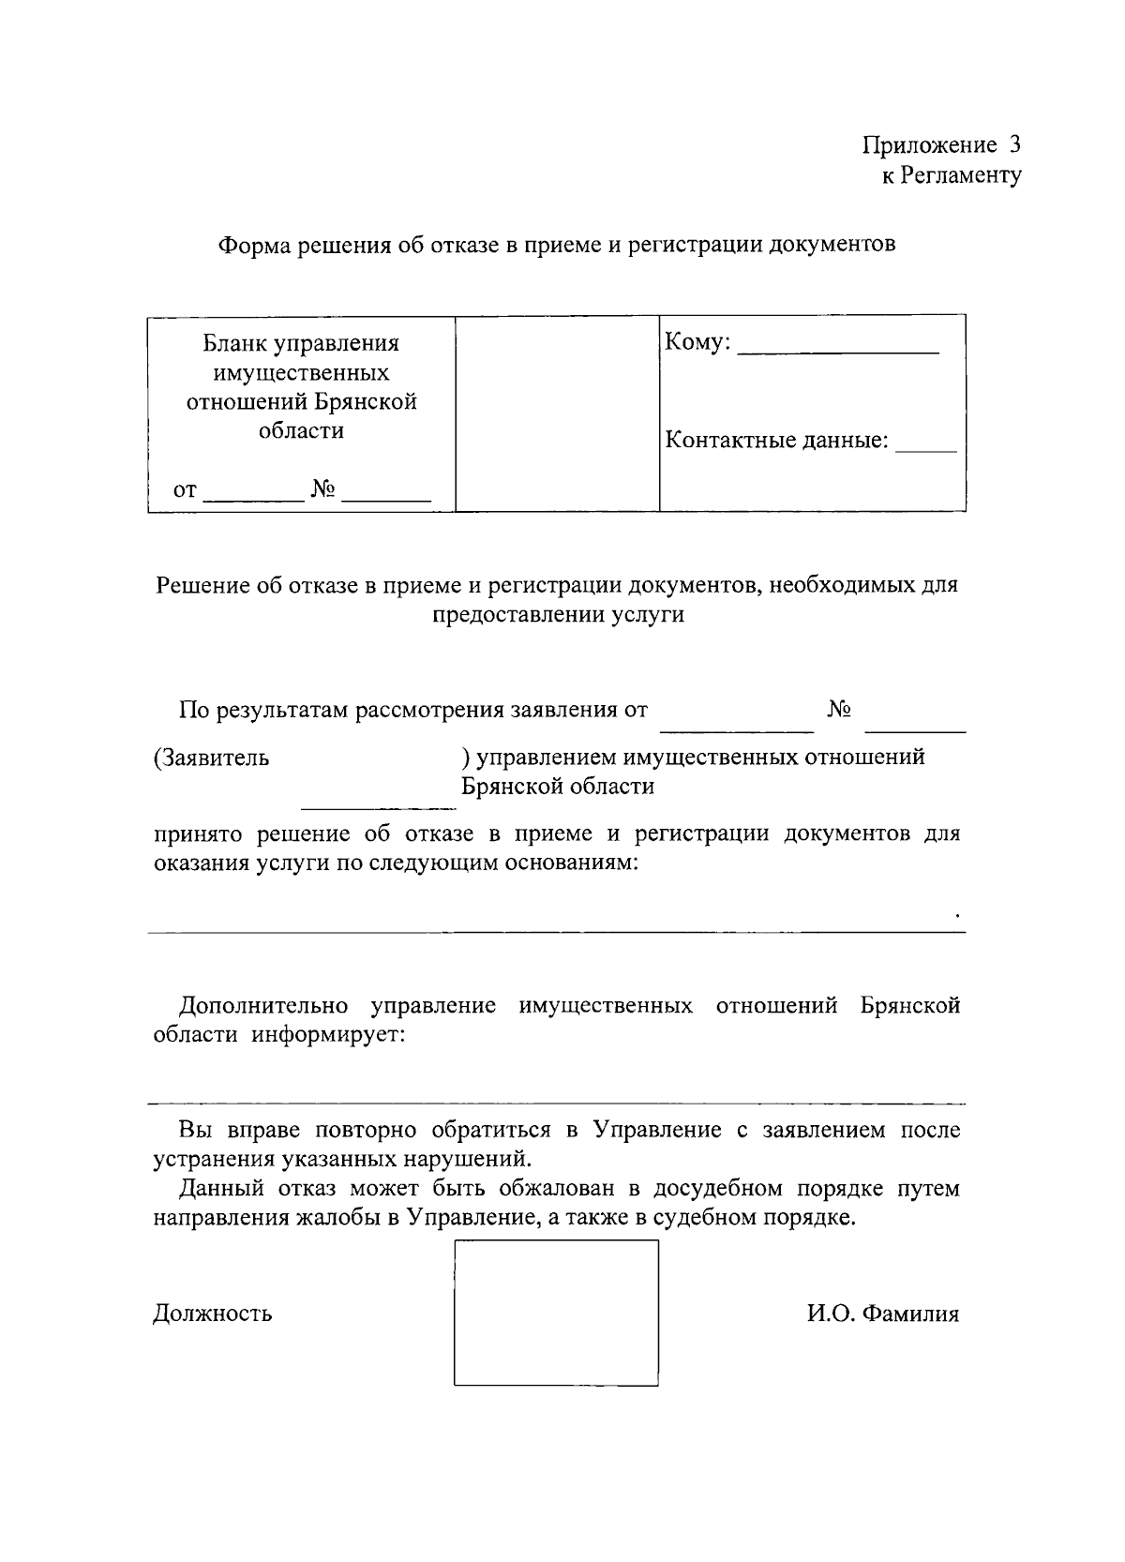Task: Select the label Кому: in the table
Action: pyautogui.click(x=697, y=342)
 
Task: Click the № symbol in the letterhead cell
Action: pyautogui.click(x=323, y=489)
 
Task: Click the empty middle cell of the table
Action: pyautogui.click(x=557, y=413)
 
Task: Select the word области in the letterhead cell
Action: pyautogui.click(x=301, y=431)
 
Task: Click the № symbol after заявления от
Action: pyautogui.click(x=839, y=710)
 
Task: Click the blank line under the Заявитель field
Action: pyautogui.click(x=378, y=806)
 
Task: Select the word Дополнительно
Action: pyautogui.click(x=263, y=1006)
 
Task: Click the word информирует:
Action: pyautogui.click(x=327, y=1036)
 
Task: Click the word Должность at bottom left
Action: pyautogui.click(x=213, y=1313)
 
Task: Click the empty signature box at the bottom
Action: pyautogui.click(x=556, y=1313)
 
